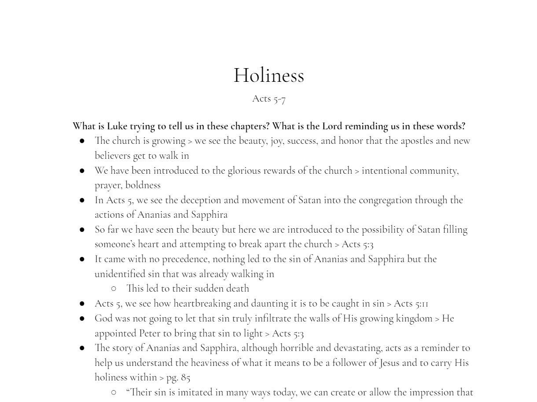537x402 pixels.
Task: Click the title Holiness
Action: [268, 75]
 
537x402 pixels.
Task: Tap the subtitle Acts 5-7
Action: [268, 99]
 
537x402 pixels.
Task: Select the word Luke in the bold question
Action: [117, 126]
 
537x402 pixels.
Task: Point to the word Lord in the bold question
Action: [332, 126]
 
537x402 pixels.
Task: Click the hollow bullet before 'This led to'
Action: [114, 289]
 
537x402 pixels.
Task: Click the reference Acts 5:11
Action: [411, 303]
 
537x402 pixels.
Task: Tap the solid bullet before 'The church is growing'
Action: [82, 141]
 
